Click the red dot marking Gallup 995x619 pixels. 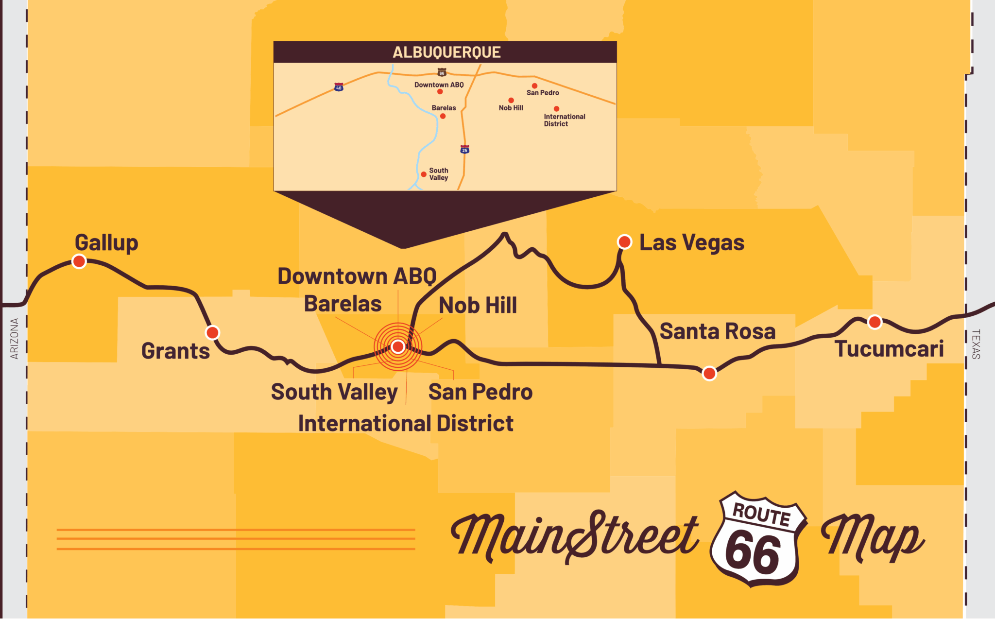coord(79,261)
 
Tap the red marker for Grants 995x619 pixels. coord(212,333)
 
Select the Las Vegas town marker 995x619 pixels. coord(624,241)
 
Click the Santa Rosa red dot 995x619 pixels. coord(709,373)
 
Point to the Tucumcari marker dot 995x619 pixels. coord(875,322)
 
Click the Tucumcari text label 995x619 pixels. coord(889,349)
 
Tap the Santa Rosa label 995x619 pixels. coord(717,331)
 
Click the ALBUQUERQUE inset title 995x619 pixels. coord(446,52)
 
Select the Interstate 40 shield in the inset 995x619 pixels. coord(339,87)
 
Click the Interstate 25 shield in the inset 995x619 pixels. coord(464,150)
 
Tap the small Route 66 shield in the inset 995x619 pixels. coord(442,73)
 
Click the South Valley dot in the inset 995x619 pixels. coord(424,174)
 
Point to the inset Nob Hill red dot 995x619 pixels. coord(511,100)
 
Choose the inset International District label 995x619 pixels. coord(564,120)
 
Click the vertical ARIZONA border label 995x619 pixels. coord(14,339)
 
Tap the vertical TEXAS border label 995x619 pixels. coord(976,344)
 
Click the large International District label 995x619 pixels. coord(405,423)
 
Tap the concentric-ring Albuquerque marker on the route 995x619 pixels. coord(398,346)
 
